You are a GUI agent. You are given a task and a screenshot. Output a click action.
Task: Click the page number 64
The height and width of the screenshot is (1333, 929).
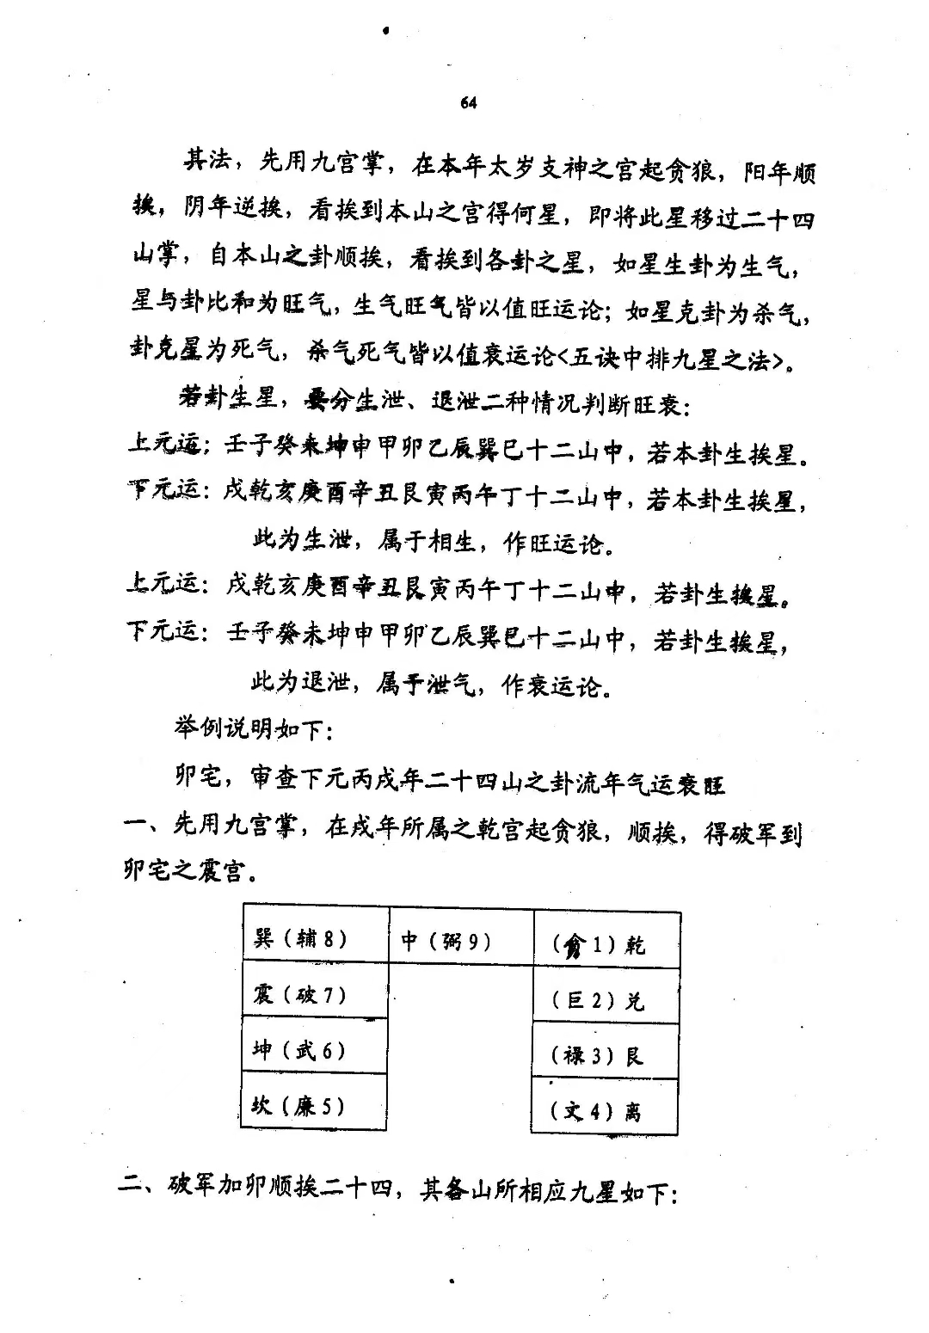point(468,103)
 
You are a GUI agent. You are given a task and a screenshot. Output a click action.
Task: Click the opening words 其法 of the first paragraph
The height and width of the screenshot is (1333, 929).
point(206,162)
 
